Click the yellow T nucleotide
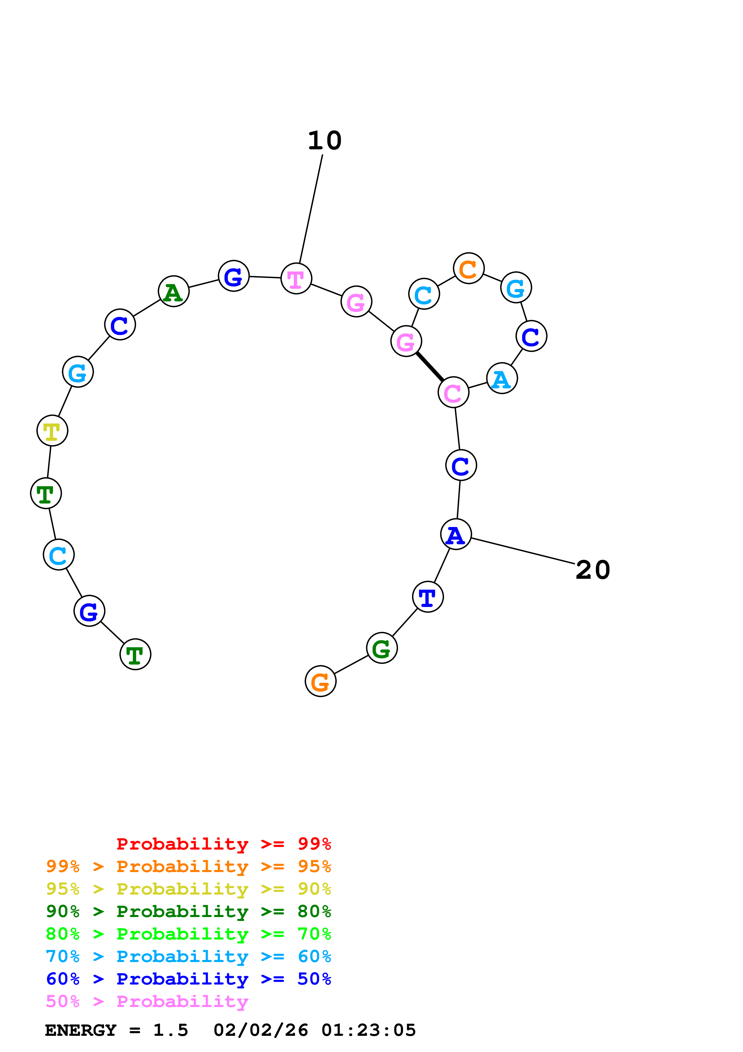point(52,430)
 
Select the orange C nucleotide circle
point(468,268)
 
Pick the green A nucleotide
point(174,291)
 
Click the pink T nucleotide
point(296,279)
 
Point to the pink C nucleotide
point(453,392)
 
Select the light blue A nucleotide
point(502,378)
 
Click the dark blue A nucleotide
point(456,534)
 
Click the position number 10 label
point(325,141)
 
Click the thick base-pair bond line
point(429,366)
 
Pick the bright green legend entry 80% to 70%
point(188,934)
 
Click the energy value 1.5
point(170,1030)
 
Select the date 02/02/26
point(260,1030)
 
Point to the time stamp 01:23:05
point(369,1030)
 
